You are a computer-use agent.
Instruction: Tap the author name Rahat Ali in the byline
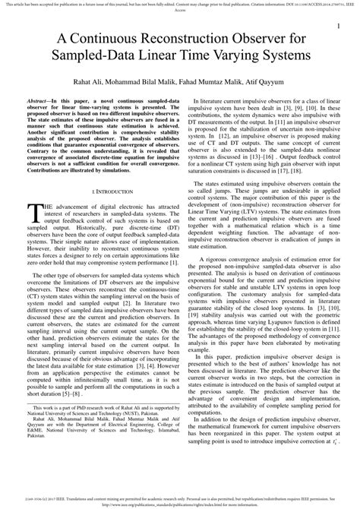point(88,80)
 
